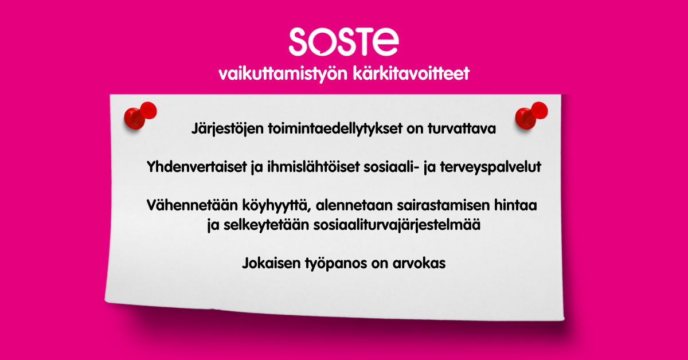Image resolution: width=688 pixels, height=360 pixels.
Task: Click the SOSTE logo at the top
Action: (343, 42)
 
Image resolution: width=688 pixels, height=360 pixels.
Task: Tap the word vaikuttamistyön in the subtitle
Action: (283, 74)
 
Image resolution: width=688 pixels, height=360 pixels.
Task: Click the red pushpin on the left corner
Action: (140, 115)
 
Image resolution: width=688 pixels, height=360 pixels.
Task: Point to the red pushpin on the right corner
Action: (531, 115)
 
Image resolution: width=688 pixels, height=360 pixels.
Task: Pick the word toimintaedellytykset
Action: (335, 129)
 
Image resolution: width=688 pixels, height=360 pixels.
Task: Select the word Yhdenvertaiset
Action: (197, 167)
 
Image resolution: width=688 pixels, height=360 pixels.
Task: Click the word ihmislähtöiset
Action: (313, 167)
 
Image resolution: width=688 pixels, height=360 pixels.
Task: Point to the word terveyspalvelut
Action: (491, 167)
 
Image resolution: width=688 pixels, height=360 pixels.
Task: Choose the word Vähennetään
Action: (192, 205)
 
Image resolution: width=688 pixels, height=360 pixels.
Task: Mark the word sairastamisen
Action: (443, 205)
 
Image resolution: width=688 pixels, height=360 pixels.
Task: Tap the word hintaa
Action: (515, 205)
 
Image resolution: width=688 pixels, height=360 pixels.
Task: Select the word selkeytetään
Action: (266, 225)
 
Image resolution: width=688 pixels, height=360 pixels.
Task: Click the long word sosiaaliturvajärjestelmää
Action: (397, 225)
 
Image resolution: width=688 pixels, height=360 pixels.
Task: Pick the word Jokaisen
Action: (271, 263)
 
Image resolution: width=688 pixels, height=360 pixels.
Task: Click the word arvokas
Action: (419, 263)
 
